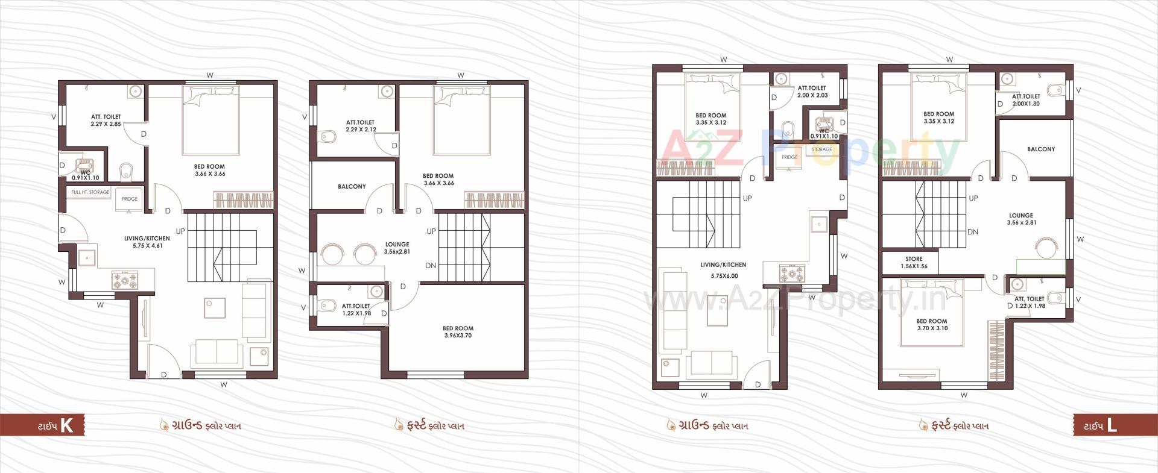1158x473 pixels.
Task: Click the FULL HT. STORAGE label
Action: (x=90, y=192)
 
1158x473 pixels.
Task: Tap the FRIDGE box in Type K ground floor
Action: (x=130, y=199)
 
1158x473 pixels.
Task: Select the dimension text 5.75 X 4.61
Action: (x=147, y=246)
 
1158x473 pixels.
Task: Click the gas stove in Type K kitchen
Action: (x=125, y=280)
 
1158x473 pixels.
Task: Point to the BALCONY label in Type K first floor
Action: (x=352, y=187)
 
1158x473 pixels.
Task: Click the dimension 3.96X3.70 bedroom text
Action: (x=458, y=336)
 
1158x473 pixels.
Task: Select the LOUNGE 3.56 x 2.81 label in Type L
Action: (x=1021, y=219)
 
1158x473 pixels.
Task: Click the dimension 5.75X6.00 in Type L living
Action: (x=724, y=276)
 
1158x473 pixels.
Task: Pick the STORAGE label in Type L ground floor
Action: (x=821, y=149)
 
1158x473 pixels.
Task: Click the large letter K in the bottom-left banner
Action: (x=66, y=426)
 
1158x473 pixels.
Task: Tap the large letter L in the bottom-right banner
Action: (x=1112, y=426)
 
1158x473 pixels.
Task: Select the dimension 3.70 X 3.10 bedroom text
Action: (x=931, y=328)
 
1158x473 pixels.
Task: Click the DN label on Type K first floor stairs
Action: (x=430, y=266)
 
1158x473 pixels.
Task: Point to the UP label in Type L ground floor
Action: (x=747, y=198)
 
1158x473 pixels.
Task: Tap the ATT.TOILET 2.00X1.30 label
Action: (x=1026, y=100)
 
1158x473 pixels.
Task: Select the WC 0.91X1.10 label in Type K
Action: (x=85, y=175)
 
